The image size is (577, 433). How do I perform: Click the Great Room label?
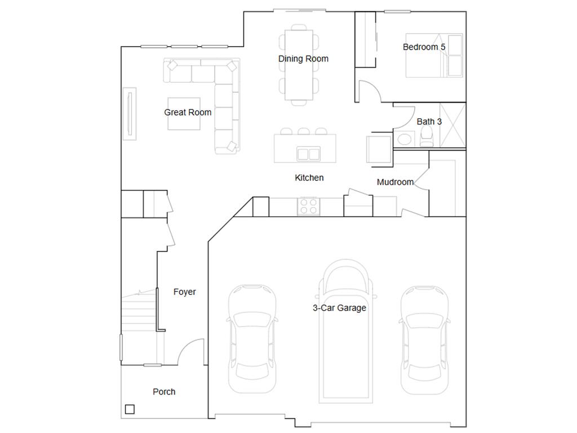[188, 112]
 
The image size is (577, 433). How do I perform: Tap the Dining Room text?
[303, 59]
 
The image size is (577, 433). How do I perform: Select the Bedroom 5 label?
[424, 47]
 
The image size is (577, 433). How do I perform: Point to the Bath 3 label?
[429, 122]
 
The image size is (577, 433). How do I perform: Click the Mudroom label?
[395, 182]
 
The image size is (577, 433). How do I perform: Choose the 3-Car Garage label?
[339, 308]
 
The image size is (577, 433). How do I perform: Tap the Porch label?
[164, 392]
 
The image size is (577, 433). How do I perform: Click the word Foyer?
[184, 292]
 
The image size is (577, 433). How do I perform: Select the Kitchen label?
[309, 178]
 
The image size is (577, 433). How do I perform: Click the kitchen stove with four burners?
[308, 206]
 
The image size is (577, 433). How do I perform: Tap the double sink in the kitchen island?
[308, 154]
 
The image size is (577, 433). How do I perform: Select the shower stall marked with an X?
[452, 125]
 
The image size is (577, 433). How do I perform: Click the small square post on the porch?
[130, 409]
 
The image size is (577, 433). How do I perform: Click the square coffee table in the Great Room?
[184, 114]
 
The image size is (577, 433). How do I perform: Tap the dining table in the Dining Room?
[299, 65]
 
